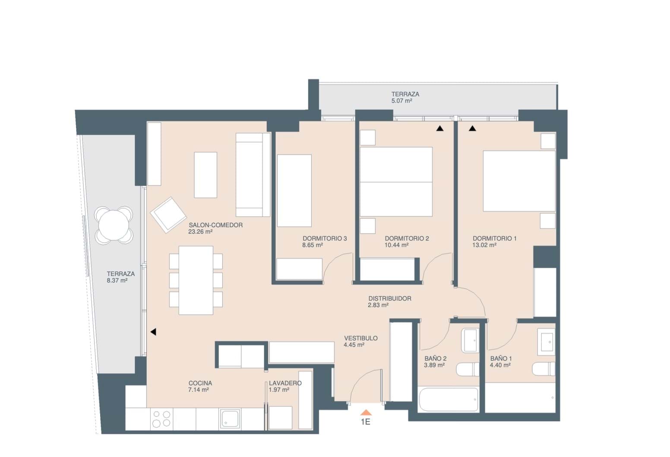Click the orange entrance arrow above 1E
[x=366, y=413]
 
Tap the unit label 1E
[x=366, y=422]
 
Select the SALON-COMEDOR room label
[x=215, y=225]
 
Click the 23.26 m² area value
[x=200, y=232]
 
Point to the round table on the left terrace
[x=114, y=225]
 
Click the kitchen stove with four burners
[x=161, y=419]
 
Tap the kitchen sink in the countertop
[x=230, y=419]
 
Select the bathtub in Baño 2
[x=449, y=400]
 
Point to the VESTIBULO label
[x=361, y=338]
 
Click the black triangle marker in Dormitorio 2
[x=439, y=128]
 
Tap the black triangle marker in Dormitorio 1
[x=472, y=128]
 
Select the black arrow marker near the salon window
[x=153, y=332]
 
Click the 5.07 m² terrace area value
[x=402, y=101]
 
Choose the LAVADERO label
[x=285, y=383]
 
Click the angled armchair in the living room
[x=168, y=215]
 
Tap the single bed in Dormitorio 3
[x=294, y=190]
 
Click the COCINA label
[x=200, y=383]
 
